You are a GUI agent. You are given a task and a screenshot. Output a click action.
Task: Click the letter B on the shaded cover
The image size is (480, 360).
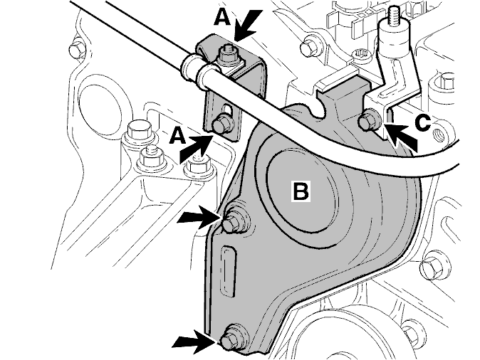301,191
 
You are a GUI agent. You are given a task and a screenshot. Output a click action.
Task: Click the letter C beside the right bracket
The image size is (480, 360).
423,123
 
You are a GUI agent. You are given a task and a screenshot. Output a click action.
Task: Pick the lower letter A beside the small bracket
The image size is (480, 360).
177,136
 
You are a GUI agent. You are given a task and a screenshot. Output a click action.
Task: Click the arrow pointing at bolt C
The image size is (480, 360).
400,137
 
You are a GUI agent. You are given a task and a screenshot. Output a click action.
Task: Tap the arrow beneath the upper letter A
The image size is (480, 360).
249,26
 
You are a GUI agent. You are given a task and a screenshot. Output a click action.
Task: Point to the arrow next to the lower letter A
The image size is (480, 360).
197,148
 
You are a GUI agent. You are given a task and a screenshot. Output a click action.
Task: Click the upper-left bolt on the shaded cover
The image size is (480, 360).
234,221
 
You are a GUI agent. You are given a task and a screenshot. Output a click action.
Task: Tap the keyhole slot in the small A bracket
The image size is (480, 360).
228,110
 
